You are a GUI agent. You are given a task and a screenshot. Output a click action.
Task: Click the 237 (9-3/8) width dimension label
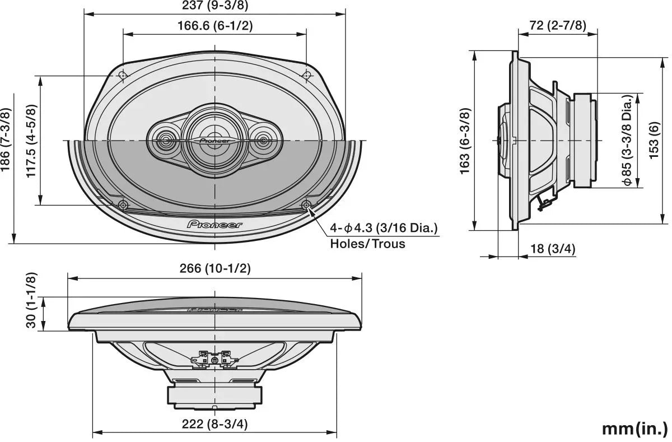point(215,6)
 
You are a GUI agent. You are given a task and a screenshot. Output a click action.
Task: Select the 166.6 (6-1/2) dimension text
point(215,26)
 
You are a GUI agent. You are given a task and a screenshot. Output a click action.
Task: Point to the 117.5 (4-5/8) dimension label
point(31,141)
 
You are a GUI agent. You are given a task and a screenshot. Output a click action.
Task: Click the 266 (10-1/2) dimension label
point(215,268)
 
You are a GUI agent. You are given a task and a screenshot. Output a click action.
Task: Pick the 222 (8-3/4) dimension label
point(215,424)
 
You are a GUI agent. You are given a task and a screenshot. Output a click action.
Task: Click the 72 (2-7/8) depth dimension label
point(558,25)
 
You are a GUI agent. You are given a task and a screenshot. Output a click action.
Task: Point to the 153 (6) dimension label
point(654,141)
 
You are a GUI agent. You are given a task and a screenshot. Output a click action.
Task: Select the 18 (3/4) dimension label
point(553,249)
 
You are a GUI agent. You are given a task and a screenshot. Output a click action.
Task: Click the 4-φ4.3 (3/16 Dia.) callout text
point(383,228)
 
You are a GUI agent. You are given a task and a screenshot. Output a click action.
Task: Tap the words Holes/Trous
point(367,244)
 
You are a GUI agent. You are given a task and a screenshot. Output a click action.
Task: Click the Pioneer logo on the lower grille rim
point(215,225)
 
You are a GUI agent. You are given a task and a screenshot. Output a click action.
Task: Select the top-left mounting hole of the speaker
point(123,75)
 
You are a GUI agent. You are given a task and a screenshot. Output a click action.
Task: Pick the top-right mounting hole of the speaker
point(306,75)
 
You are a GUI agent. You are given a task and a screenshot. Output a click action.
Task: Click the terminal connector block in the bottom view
point(215,358)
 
